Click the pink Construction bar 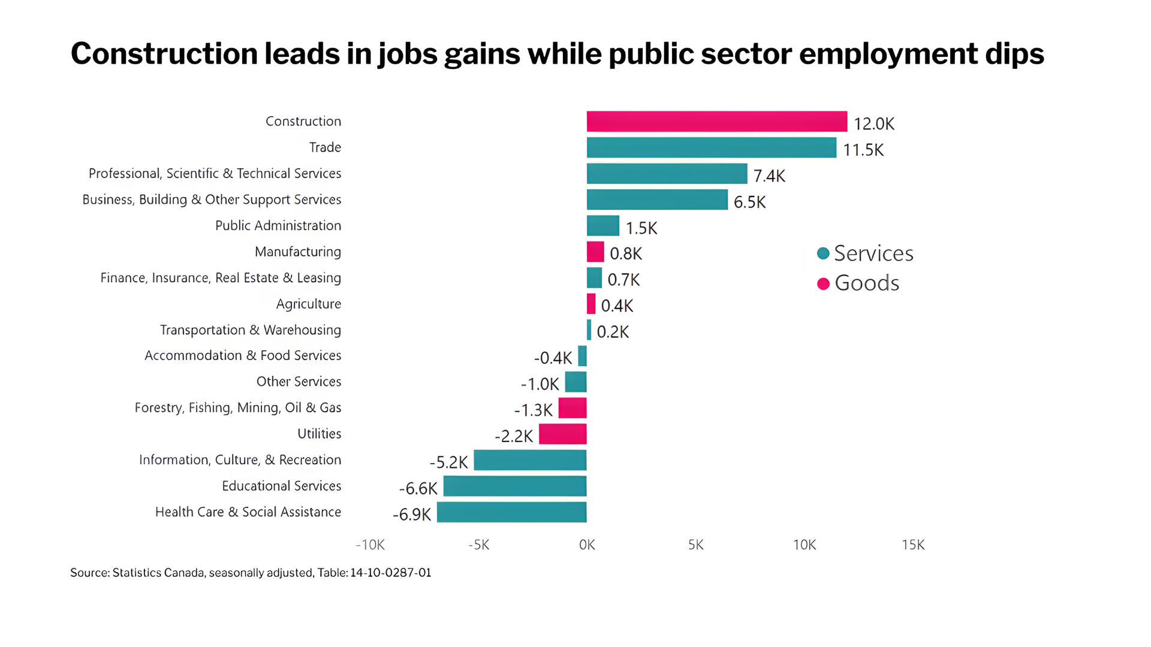coord(716,122)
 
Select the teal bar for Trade coord(711,148)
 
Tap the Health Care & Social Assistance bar coord(511,513)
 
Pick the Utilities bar coord(562,434)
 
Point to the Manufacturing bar coord(595,252)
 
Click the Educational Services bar coord(515,486)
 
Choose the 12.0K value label coord(873,124)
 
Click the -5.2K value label coord(448,462)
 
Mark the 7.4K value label coord(769,176)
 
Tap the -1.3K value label coord(533,410)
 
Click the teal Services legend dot coord(823,253)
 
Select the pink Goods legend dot coord(823,283)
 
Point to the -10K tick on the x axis coord(370,545)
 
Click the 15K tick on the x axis coord(913,545)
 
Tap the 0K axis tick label coord(587,545)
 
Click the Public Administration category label coord(278,226)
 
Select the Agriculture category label coord(308,304)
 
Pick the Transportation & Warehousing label coord(250,330)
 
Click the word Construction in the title coord(164,54)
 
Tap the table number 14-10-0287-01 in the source coord(390,573)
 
